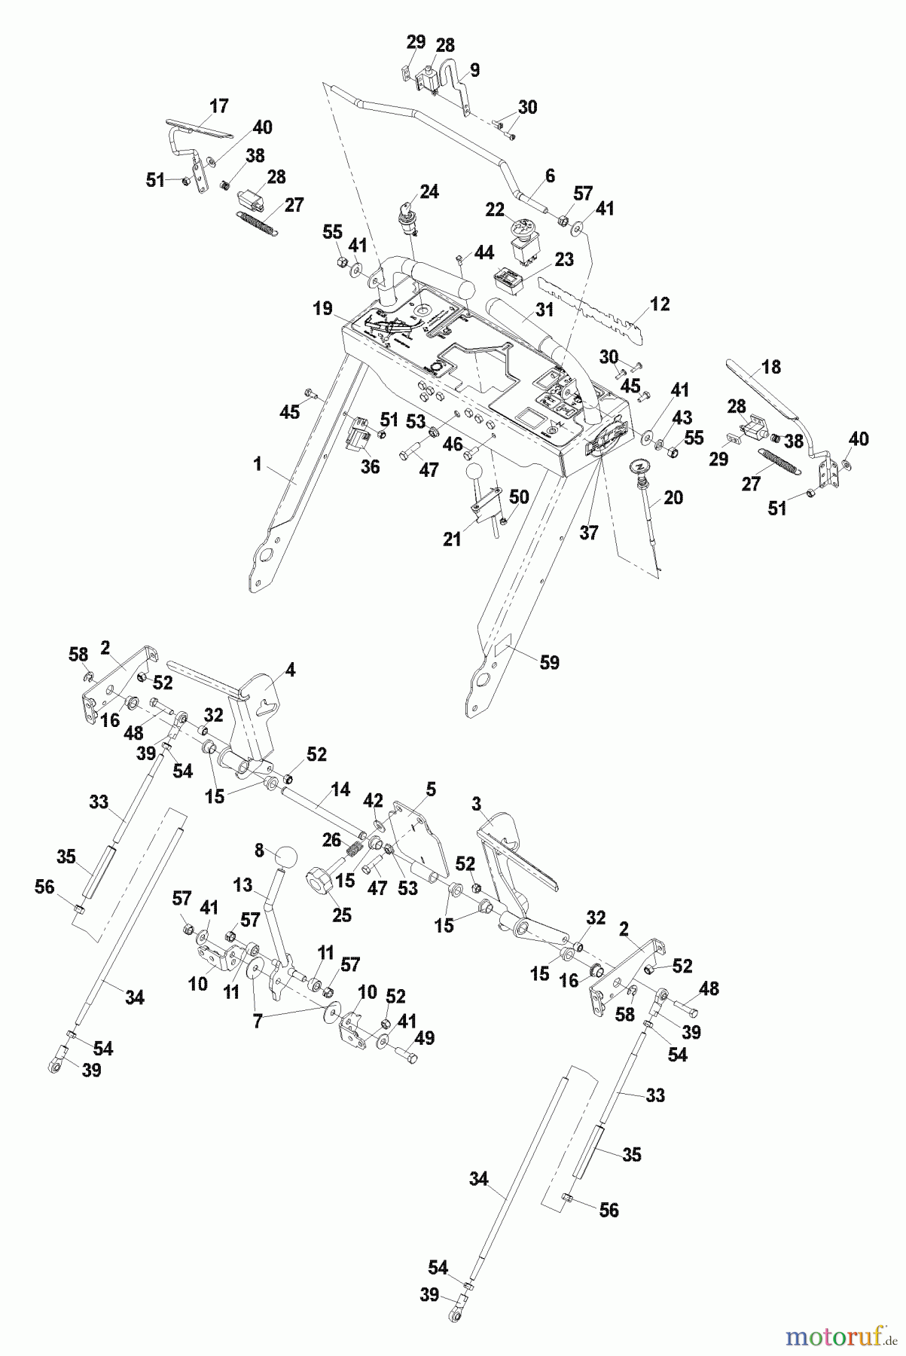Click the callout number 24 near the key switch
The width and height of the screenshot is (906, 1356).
(429, 191)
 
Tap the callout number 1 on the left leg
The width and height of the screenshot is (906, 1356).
(258, 465)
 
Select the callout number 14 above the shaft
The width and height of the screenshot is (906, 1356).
(340, 789)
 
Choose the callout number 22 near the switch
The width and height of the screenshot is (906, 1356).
(494, 211)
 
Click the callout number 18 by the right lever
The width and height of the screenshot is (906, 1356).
(771, 368)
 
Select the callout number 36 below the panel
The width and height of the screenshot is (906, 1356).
(370, 467)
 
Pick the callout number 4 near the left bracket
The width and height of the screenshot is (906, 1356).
(290, 668)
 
